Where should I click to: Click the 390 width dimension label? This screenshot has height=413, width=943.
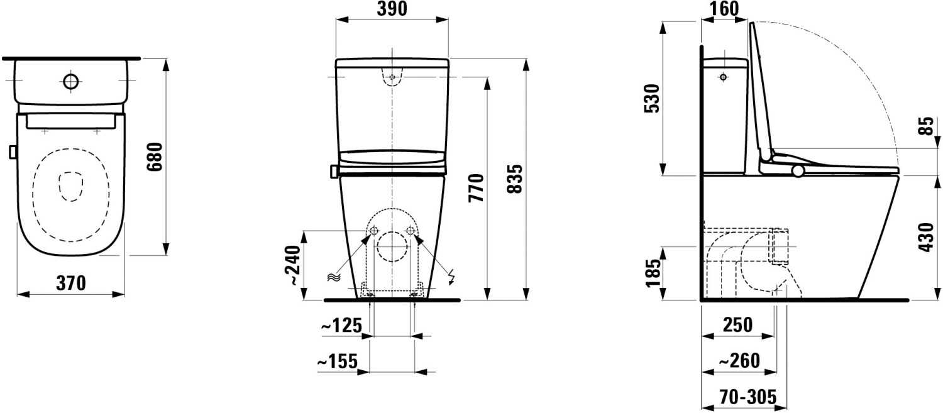pos(392,9)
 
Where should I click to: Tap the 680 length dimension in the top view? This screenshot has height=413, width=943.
pos(155,157)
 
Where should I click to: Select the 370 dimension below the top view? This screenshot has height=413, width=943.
pos(71,284)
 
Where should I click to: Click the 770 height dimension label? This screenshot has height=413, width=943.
pos(477,188)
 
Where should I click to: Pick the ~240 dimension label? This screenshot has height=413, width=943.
pos(294,266)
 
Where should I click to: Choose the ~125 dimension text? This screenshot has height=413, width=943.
pos(341,326)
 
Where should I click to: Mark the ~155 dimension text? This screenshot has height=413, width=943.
pos(337,361)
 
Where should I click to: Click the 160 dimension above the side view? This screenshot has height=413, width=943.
pos(724,9)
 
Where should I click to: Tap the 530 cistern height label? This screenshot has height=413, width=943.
pos(652,99)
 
